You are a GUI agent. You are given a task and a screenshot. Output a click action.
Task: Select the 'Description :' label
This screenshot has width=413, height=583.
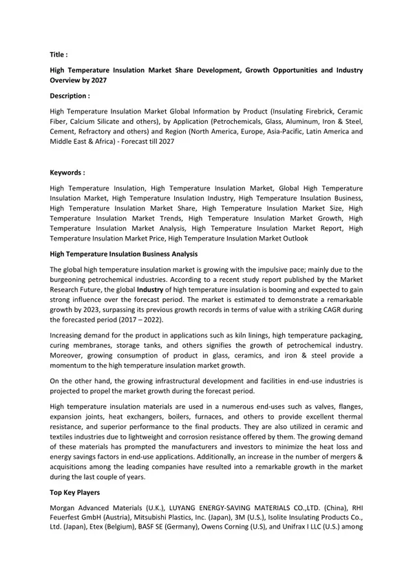pyautogui.click(x=70, y=96)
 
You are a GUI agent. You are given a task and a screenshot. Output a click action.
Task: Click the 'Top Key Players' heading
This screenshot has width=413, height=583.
pyautogui.click(x=74, y=493)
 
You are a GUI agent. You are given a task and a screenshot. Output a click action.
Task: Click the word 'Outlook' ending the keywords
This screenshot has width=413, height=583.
pyautogui.click(x=295, y=238)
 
